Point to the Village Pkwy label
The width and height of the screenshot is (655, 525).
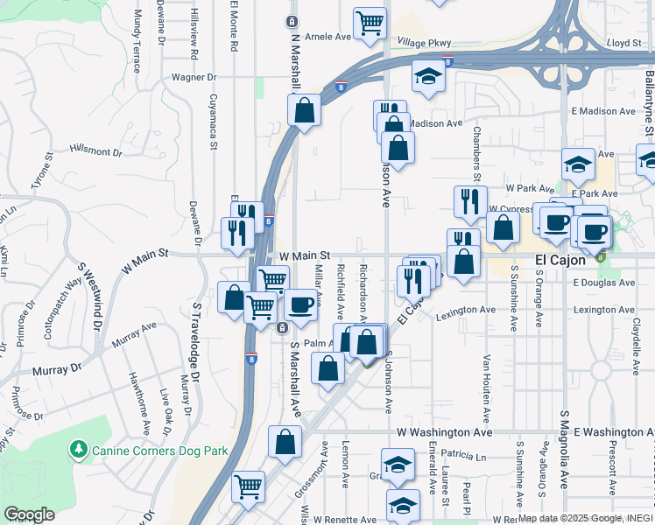click(424, 42)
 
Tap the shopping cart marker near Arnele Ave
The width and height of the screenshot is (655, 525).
click(370, 24)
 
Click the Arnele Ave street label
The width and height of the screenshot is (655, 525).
click(327, 37)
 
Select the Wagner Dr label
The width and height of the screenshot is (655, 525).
click(194, 77)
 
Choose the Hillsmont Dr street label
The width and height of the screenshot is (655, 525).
click(95, 150)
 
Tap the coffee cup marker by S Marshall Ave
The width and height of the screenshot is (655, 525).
click(301, 306)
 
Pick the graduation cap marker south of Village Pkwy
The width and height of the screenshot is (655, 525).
click(428, 79)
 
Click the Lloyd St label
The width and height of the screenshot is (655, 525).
click(624, 42)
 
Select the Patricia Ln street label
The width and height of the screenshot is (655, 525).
click(463, 455)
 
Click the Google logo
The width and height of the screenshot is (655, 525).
click(29, 514)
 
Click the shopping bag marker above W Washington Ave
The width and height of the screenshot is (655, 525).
click(285, 443)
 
